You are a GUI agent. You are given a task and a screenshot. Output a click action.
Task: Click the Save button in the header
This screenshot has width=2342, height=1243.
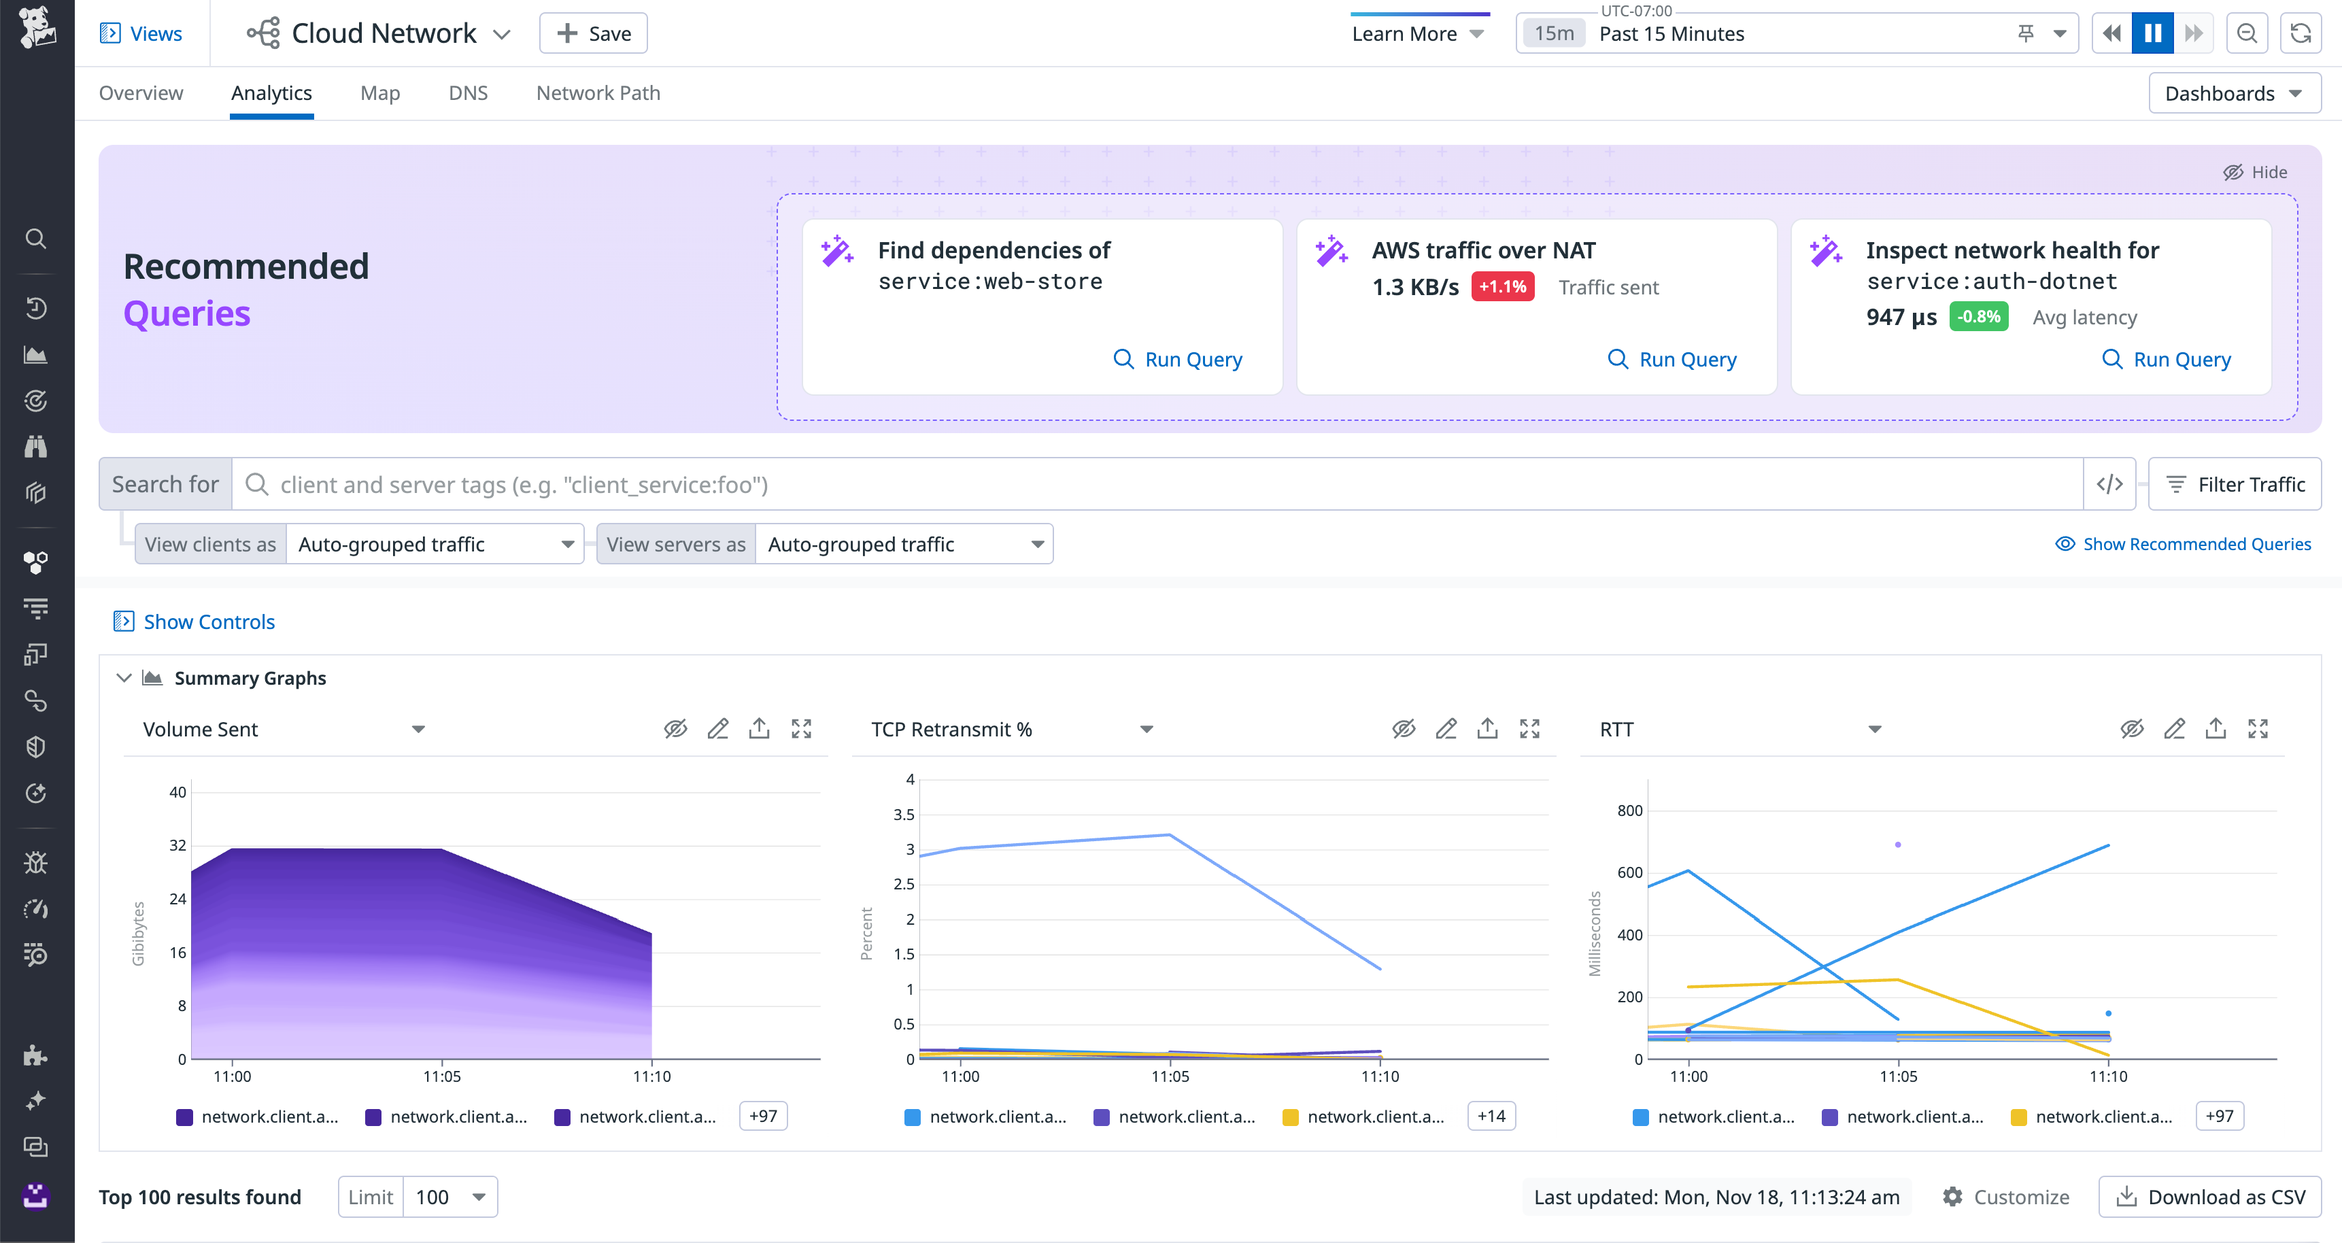(593, 33)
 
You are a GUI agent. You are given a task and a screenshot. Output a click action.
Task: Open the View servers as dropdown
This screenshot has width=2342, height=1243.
(904, 544)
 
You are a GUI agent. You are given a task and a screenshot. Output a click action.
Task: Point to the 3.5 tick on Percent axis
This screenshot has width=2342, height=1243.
(903, 815)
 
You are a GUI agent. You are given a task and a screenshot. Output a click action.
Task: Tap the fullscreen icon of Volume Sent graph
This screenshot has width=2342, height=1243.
(800, 729)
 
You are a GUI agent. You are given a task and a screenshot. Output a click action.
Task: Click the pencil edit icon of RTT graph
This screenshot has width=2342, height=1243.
(2174, 729)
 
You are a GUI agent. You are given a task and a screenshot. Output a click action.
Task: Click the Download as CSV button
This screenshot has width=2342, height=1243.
(2209, 1197)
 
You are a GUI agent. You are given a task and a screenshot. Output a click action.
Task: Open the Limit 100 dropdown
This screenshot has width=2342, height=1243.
(450, 1197)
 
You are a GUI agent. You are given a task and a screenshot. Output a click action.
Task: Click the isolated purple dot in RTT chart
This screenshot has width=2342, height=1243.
(1897, 845)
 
